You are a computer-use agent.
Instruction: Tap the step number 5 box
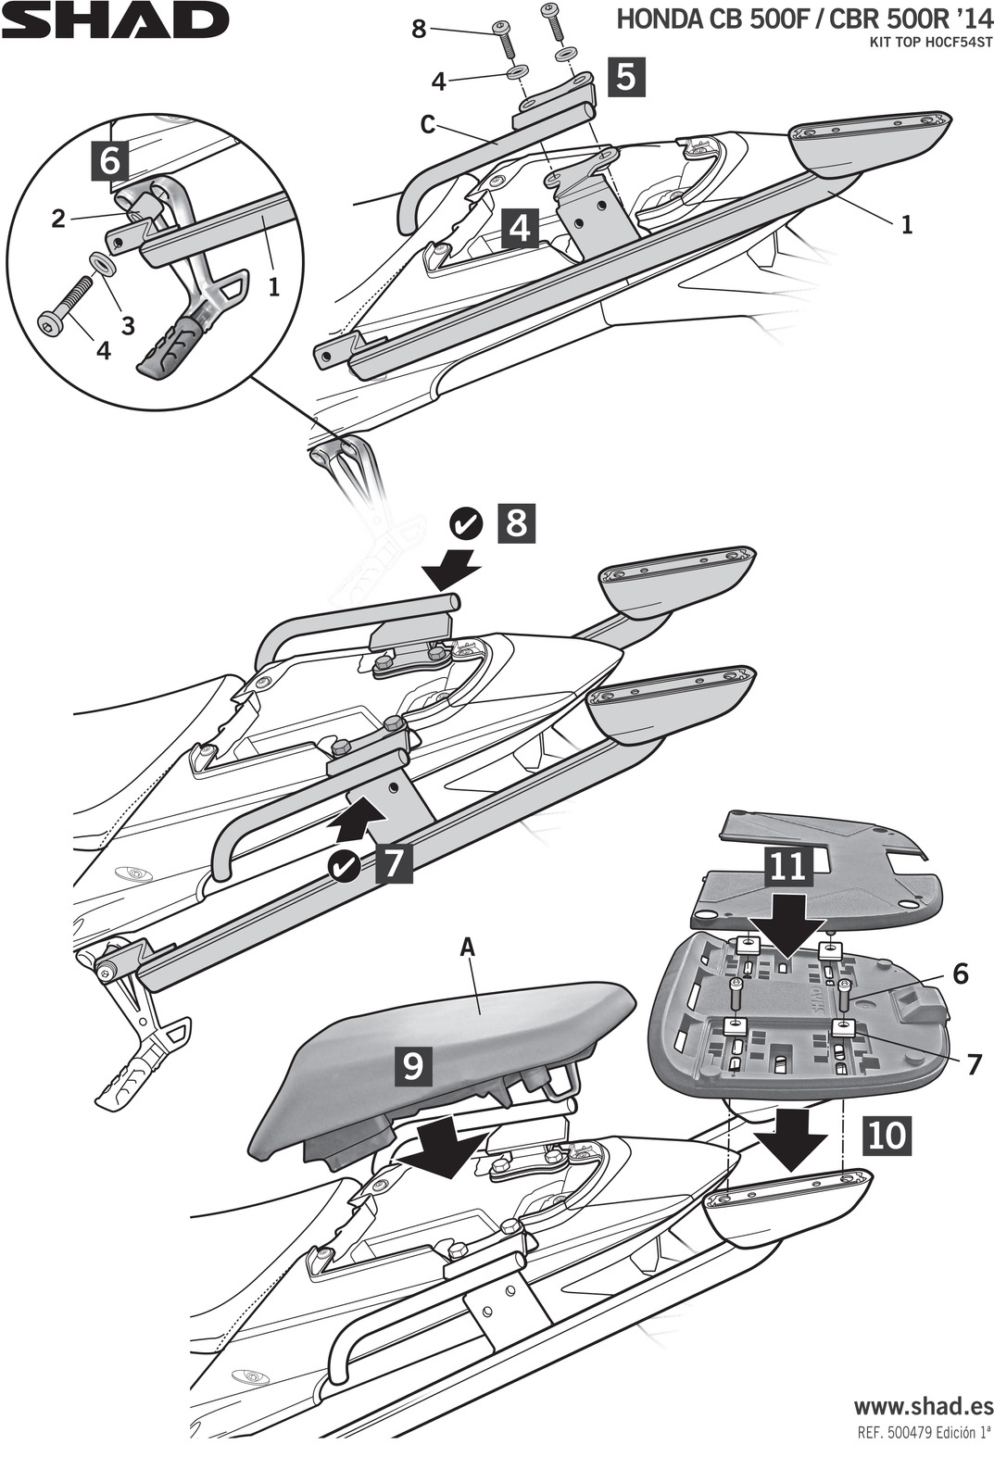pyautogui.click(x=626, y=78)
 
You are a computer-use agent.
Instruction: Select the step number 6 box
pyautogui.click(x=109, y=160)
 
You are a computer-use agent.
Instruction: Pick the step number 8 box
pyautogui.click(x=516, y=523)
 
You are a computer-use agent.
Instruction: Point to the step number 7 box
pyautogui.click(x=393, y=863)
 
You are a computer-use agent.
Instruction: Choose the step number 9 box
pyautogui.click(x=413, y=1065)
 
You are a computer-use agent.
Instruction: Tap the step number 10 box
pyautogui.click(x=887, y=1135)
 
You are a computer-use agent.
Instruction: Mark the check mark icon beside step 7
pyautogui.click(x=346, y=866)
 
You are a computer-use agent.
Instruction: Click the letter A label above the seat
pyautogui.click(x=467, y=947)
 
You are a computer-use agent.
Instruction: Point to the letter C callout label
pyautogui.click(x=427, y=125)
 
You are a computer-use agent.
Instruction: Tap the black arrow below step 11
pyautogui.click(x=787, y=924)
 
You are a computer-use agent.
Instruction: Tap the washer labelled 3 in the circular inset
pyautogui.click(x=103, y=266)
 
